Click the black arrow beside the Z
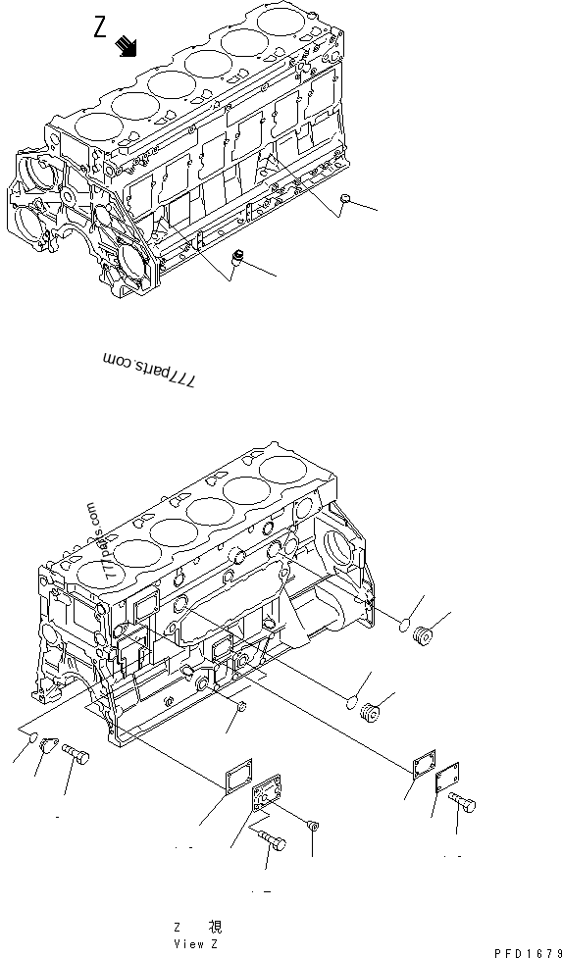coord(127,45)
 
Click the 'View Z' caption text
coord(196,943)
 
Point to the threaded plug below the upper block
coord(237,259)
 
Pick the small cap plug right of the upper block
coord(344,200)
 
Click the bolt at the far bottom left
coord(76,755)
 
